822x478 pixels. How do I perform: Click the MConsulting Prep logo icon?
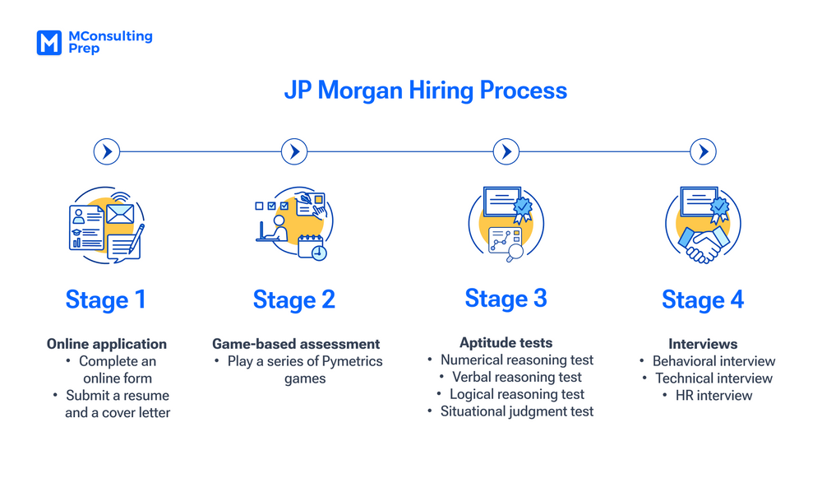pyautogui.click(x=49, y=43)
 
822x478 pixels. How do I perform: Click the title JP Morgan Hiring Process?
pyautogui.click(x=426, y=90)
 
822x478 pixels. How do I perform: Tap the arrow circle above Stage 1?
pyautogui.click(x=107, y=151)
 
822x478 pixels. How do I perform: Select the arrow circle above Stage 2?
pyautogui.click(x=294, y=151)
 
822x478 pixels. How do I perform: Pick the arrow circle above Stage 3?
pyautogui.click(x=506, y=151)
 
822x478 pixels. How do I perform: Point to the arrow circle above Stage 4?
pyautogui.click(x=703, y=151)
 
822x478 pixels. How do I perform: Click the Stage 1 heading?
pyautogui.click(x=106, y=299)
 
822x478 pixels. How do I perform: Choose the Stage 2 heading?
pyautogui.click(x=294, y=299)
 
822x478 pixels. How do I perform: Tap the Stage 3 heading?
pyautogui.click(x=506, y=298)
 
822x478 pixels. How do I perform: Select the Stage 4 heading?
pyautogui.click(x=703, y=300)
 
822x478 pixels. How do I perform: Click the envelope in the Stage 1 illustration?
pyautogui.click(x=120, y=214)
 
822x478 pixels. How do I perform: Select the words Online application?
pyautogui.click(x=107, y=344)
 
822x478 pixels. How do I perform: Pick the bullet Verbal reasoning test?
pyautogui.click(x=516, y=377)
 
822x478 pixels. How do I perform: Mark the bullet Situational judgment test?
pyautogui.click(x=516, y=411)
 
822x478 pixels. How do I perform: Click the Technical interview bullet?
pyautogui.click(x=713, y=378)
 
